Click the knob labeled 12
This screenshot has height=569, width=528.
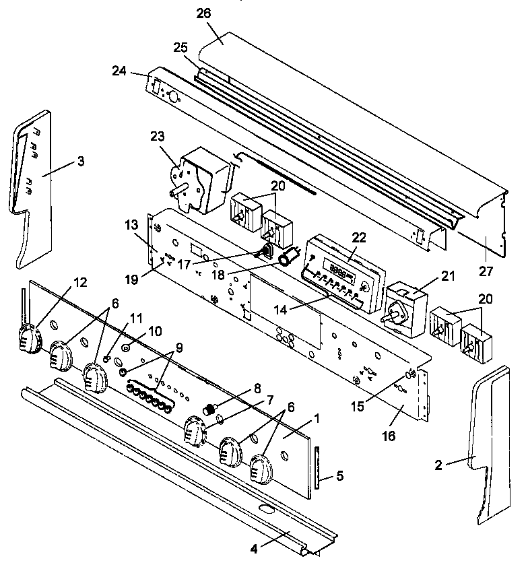[29, 337]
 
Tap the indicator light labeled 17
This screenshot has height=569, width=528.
[265, 253]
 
